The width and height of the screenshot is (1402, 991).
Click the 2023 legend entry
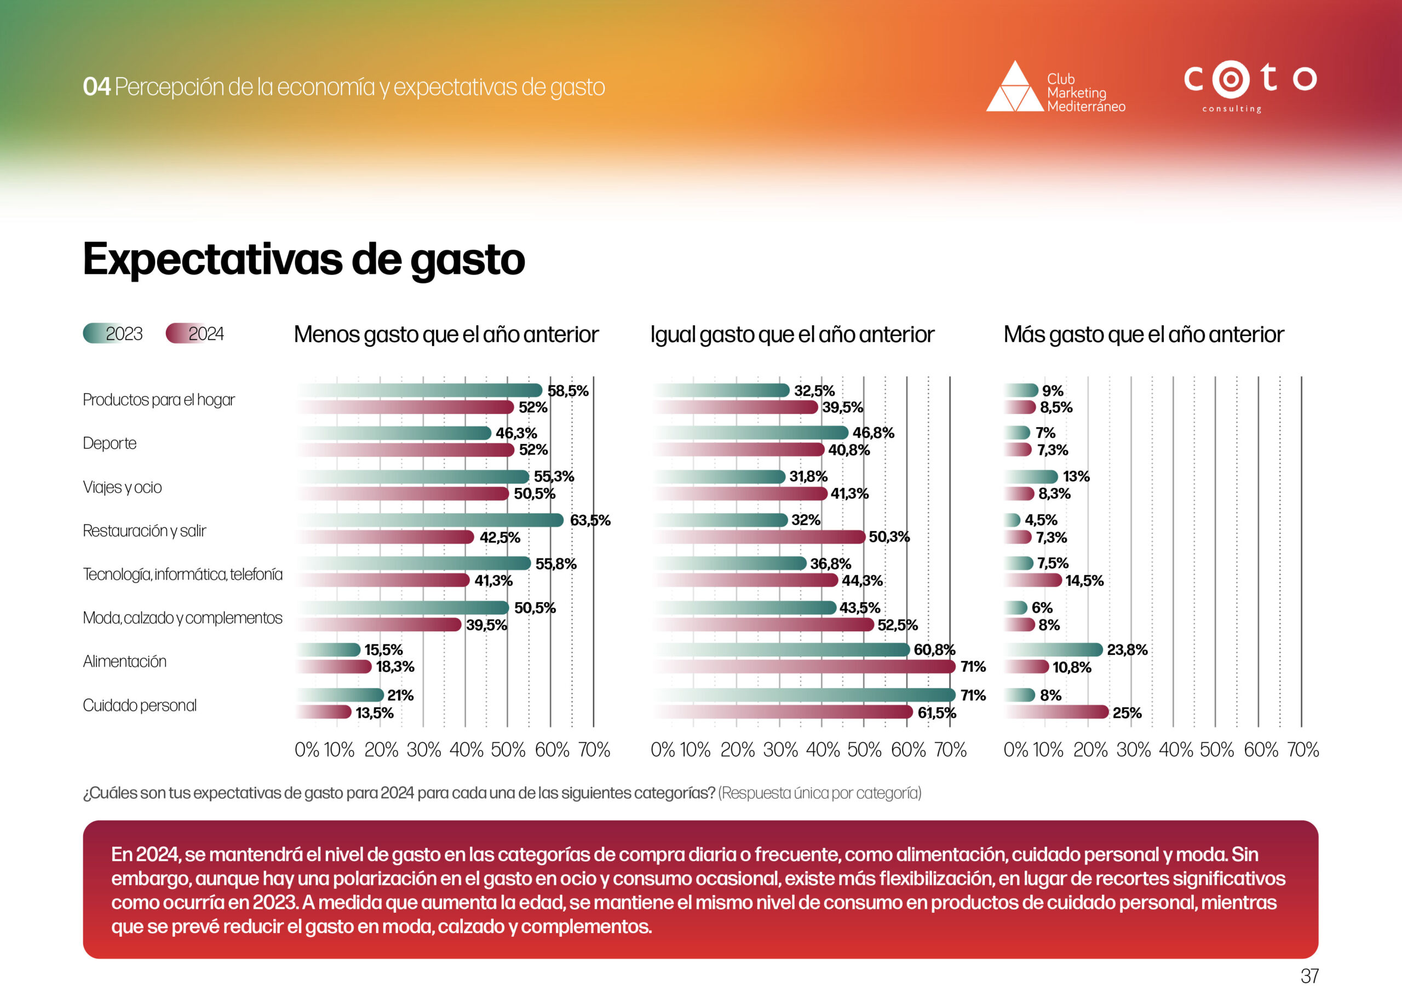coord(113,333)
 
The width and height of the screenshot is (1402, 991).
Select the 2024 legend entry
coord(196,333)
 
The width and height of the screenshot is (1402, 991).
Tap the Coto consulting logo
coord(1249,86)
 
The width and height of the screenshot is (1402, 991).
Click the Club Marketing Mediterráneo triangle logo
coord(1015,87)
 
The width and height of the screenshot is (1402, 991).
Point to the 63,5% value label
coord(590,520)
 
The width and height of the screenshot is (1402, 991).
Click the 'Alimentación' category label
coord(124,661)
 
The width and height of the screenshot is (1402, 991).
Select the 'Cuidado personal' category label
coord(140,705)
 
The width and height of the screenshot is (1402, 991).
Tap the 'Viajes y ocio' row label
coord(122,487)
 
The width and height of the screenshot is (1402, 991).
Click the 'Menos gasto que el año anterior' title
coord(446,335)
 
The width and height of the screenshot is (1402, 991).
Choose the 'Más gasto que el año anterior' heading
coord(1144,335)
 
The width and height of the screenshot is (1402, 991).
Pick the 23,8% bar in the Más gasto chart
coord(1053,650)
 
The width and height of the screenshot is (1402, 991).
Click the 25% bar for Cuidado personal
coord(1056,712)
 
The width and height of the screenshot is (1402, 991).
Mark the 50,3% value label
coord(889,537)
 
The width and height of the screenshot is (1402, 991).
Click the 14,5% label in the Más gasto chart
coord(1084,581)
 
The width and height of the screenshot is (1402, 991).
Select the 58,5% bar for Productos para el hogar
coord(421,390)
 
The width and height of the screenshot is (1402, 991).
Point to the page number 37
coord(1309,975)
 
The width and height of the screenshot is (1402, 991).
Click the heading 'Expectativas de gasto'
coord(303,260)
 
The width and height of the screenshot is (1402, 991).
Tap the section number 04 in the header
coord(96,87)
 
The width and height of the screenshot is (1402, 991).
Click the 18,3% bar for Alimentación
coord(335,667)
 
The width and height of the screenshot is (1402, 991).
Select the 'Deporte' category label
coord(110,443)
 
